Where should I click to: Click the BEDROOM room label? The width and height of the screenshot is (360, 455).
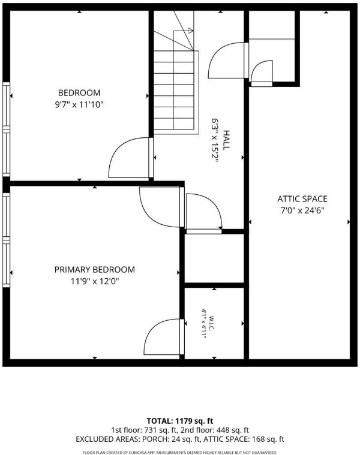(79, 93)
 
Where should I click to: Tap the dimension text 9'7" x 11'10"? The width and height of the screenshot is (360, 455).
(79, 104)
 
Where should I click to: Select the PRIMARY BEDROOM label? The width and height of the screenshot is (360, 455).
(95, 270)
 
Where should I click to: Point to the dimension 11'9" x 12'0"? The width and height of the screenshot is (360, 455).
(95, 281)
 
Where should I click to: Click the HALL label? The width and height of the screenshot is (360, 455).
(226, 140)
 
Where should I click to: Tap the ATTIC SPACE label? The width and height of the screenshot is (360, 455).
(302, 199)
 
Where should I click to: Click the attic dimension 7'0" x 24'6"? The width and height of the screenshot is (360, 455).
(302, 210)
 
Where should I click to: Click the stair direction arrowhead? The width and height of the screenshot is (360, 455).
(190, 30)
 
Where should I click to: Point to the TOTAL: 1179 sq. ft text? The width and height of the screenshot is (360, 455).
(180, 421)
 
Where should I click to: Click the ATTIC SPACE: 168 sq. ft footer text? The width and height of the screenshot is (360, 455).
(244, 439)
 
